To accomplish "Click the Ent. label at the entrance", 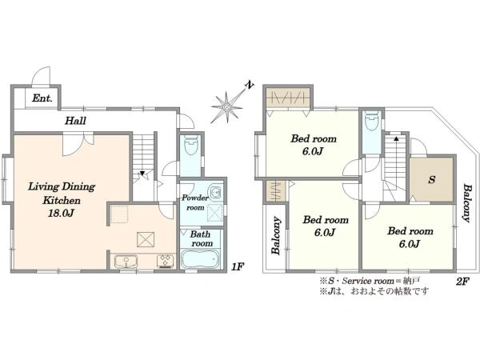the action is [42, 98].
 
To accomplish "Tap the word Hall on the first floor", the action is [75, 120].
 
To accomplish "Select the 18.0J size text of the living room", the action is [62, 213].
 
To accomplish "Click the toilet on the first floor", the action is [191, 145].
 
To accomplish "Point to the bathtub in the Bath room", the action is [200, 259].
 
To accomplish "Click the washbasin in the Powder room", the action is [216, 192].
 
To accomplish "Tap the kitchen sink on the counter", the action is [126, 261].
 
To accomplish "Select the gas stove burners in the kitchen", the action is [166, 261].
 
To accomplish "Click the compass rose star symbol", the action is [227, 107].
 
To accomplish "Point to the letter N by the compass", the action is [250, 85].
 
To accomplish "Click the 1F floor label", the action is [237, 266].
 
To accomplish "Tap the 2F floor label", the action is [462, 281].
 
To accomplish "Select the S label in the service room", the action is [432, 179].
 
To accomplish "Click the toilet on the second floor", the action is [372, 122].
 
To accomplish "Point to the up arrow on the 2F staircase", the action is [396, 138].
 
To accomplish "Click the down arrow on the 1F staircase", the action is [142, 174].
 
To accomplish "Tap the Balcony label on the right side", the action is [466, 203].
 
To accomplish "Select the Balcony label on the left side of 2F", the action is [276, 235].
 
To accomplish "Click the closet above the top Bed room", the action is [288, 98].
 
